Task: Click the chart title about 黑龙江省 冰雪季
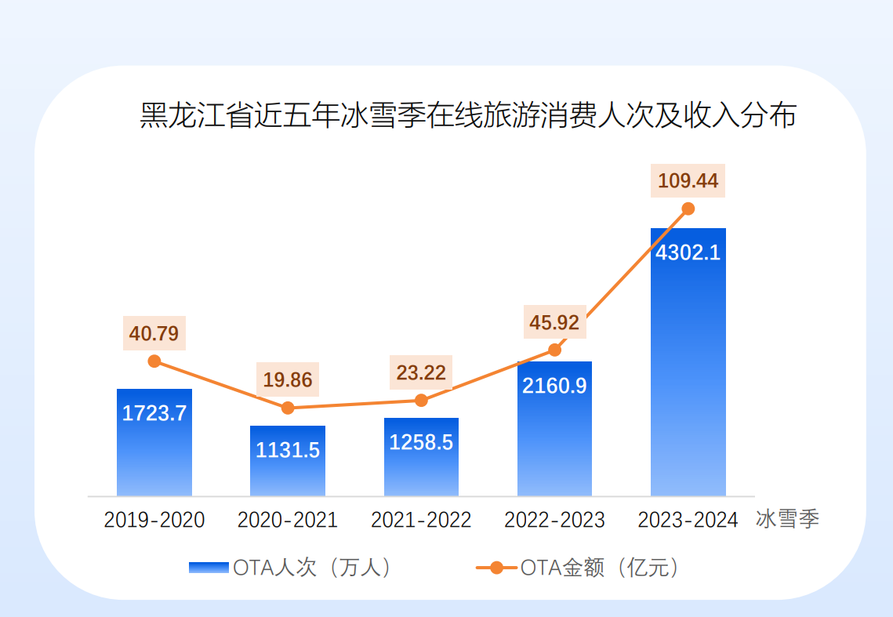click(468, 115)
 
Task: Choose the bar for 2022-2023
click(554, 439)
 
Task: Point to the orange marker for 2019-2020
click(154, 361)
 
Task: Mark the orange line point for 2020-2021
click(288, 408)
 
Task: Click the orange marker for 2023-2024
click(688, 209)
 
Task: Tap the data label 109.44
click(688, 181)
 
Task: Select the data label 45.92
click(554, 323)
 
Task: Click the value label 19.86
click(288, 381)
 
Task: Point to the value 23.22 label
click(421, 373)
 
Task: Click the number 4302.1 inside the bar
click(688, 253)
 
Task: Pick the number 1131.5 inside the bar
click(288, 451)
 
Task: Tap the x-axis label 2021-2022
click(421, 520)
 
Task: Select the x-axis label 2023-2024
click(688, 520)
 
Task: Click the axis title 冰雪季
click(788, 520)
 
